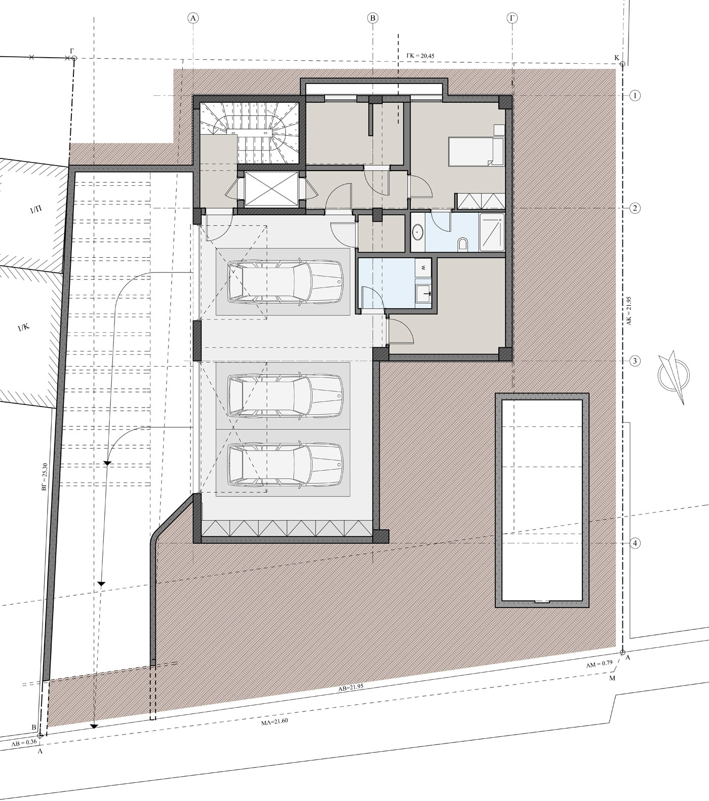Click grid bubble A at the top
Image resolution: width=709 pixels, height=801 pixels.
[193, 18]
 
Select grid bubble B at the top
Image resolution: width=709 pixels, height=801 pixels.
[373, 18]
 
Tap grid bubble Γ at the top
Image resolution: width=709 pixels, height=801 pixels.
[513, 18]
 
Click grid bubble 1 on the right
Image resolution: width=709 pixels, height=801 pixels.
[635, 96]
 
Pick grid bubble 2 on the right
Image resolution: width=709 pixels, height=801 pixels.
[635, 208]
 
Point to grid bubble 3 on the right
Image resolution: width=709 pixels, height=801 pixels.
[635, 361]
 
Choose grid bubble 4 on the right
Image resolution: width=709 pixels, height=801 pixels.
[635, 543]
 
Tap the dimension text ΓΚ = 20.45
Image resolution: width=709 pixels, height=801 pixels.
[420, 56]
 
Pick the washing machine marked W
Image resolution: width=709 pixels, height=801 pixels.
[422, 267]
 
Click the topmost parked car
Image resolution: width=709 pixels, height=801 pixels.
[286, 282]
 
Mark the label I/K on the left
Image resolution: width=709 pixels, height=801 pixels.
[24, 328]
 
